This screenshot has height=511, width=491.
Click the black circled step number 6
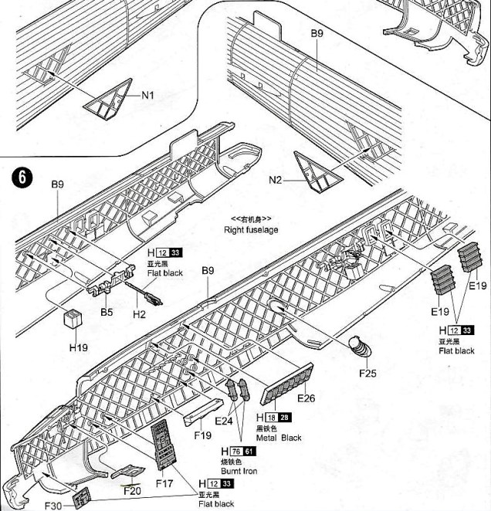point(23,177)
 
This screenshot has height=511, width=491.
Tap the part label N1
point(148,95)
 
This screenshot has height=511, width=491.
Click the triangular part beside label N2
point(316,171)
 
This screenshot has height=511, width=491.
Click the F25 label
point(367,374)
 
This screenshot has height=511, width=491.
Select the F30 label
point(52,506)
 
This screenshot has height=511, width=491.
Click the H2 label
point(139,314)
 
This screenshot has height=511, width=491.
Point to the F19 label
point(202,435)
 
